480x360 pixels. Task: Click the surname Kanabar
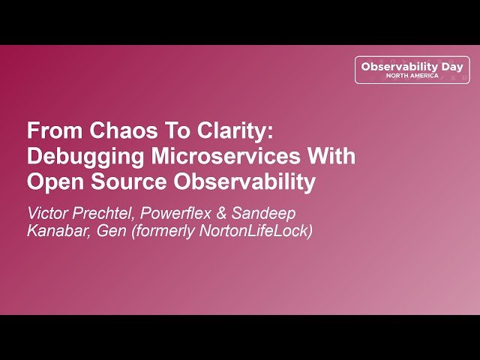(57, 232)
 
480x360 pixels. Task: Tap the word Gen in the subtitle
(109, 232)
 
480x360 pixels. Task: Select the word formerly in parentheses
(160, 232)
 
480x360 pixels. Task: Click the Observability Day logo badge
(412, 70)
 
